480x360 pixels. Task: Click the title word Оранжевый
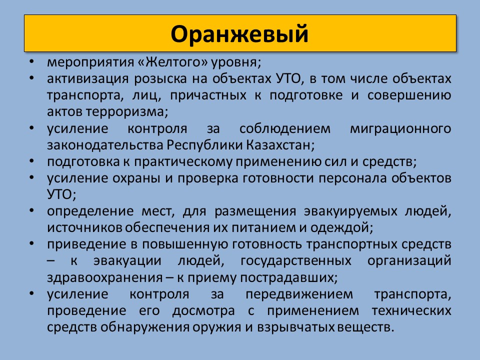239,34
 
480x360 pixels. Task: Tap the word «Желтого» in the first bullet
173,62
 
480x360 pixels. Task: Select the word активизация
88,79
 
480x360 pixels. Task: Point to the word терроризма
126,112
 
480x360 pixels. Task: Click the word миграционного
400,128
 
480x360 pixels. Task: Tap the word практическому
183,161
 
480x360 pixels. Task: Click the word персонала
353,178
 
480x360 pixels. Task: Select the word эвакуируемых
351,211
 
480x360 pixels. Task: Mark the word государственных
295,261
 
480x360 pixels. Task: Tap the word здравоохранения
104,277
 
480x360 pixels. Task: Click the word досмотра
203,310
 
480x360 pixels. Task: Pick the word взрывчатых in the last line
295,327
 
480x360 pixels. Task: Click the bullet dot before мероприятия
31,61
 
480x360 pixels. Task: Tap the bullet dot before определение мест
31,210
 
